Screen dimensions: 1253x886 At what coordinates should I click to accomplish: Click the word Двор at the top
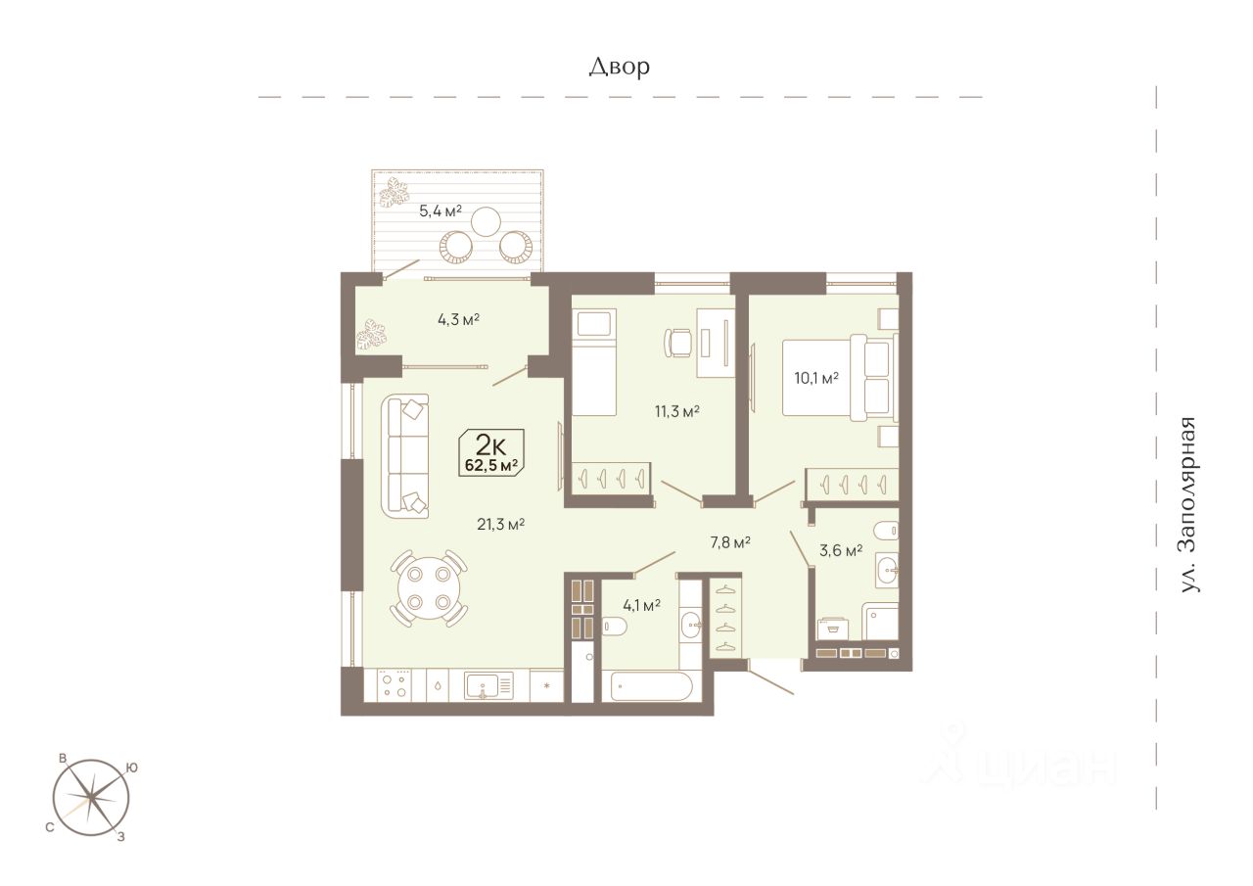pos(620,68)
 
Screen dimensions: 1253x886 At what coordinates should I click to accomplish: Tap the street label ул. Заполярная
pos(1188,504)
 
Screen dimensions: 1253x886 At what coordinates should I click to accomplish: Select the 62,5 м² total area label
pos(490,465)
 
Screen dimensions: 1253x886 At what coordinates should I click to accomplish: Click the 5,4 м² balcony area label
pos(441,210)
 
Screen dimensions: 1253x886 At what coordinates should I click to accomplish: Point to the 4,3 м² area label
pos(458,319)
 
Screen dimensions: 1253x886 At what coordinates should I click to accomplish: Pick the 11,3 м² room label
pos(676,412)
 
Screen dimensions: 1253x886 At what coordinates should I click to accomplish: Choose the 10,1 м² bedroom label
pos(816,378)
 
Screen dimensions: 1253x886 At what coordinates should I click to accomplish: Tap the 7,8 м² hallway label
pos(730,542)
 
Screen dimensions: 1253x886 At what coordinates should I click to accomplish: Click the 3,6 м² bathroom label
pos(841,550)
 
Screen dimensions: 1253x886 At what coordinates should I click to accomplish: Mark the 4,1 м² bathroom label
pos(641,605)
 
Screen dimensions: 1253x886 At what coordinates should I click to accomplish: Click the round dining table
pos(429,587)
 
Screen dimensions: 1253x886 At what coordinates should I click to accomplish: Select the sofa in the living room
pos(405,456)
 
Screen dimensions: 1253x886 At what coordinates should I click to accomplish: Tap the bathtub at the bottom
pos(652,686)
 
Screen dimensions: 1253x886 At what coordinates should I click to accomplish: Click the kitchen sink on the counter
pos(482,685)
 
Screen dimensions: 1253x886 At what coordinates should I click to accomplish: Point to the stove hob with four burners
pos(394,685)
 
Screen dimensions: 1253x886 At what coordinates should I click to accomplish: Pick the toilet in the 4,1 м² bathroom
pos(614,626)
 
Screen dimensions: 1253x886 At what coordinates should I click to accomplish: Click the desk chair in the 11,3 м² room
pos(677,343)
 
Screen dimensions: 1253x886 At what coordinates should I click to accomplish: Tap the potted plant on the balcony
pos(394,194)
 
